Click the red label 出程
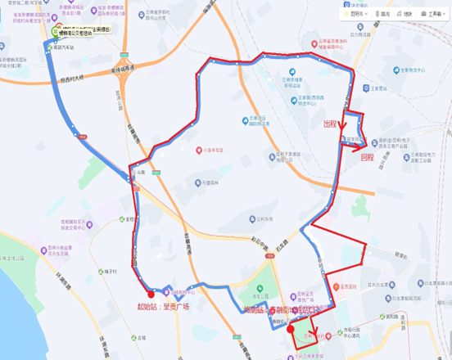pos(329,124)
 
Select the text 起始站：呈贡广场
pos(163,307)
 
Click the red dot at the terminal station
pos(291,329)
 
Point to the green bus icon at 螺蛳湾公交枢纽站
pos(56,30)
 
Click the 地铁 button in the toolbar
pos(405,14)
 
